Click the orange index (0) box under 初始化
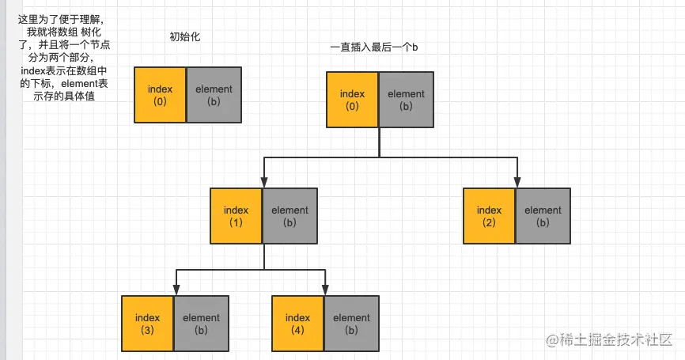pyautogui.click(x=160, y=95)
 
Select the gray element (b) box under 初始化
pyautogui.click(x=213, y=95)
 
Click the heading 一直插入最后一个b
pyautogui.click(x=373, y=48)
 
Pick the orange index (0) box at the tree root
pyautogui.click(x=352, y=100)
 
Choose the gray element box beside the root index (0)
pyautogui.click(x=406, y=100)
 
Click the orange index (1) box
pyautogui.click(x=236, y=216)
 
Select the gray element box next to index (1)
pyautogui.click(x=289, y=216)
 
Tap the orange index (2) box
pyautogui.click(x=489, y=216)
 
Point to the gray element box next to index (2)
pyautogui.click(x=542, y=216)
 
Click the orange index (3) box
pyautogui.click(x=147, y=323)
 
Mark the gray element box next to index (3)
pyautogui.click(x=201, y=323)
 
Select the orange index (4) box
pyautogui.click(x=297, y=323)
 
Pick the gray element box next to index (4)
pyautogui.click(x=351, y=323)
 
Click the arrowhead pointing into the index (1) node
pyautogui.click(x=263, y=183)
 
